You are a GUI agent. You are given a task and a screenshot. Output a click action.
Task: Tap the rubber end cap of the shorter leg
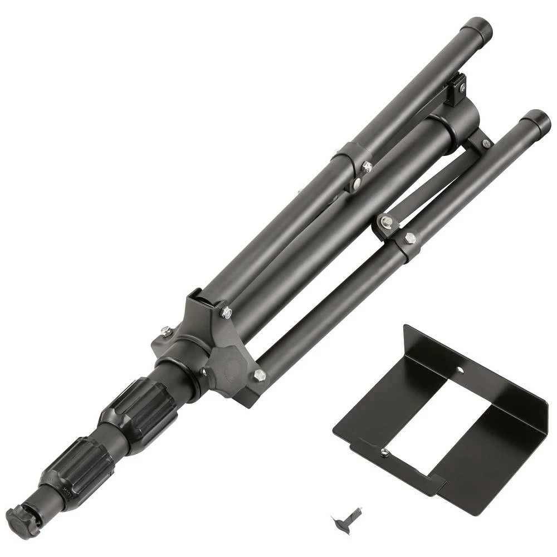[x=538, y=120]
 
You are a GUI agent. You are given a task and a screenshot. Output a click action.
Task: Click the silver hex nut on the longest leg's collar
[x=367, y=166]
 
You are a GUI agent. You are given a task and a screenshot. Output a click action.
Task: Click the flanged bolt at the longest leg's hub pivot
[x=226, y=314]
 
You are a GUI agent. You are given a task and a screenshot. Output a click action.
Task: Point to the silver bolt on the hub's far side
[x=165, y=332]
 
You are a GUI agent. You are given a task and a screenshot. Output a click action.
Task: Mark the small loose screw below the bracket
[x=339, y=521]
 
